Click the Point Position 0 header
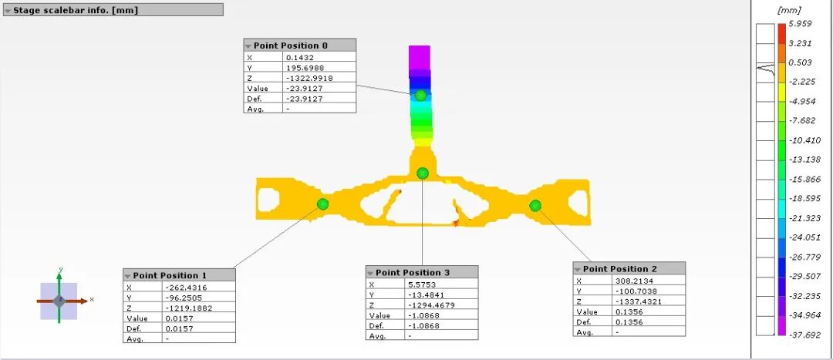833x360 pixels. (x=299, y=45)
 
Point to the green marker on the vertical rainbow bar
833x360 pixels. (x=421, y=96)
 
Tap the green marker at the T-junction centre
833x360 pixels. (x=423, y=173)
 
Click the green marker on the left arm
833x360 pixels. (x=322, y=204)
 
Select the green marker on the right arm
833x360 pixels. (x=535, y=206)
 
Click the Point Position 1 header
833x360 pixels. (x=179, y=275)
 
